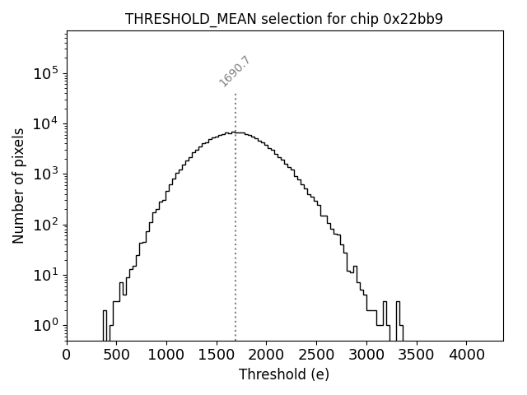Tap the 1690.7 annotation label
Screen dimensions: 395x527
[235, 71]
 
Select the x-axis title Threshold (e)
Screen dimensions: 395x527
[284, 374]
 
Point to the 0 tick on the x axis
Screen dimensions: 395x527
[67, 355]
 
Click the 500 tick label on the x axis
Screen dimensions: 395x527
[116, 355]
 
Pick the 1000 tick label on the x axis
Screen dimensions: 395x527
[166, 355]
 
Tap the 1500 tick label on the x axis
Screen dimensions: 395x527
[217, 355]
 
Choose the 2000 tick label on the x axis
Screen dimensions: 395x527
[266, 355]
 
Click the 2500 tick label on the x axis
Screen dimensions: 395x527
[316, 355]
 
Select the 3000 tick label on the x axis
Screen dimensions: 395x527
[366, 355]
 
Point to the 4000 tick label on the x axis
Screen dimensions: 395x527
[466, 355]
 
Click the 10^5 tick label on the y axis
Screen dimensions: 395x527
[46, 72]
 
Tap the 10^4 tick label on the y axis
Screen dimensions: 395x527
[46, 123]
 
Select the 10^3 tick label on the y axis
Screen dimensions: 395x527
[46, 174]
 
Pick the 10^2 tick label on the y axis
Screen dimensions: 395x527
[46, 224]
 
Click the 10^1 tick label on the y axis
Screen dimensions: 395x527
[46, 275]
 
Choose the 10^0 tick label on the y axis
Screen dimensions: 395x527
[46, 325]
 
